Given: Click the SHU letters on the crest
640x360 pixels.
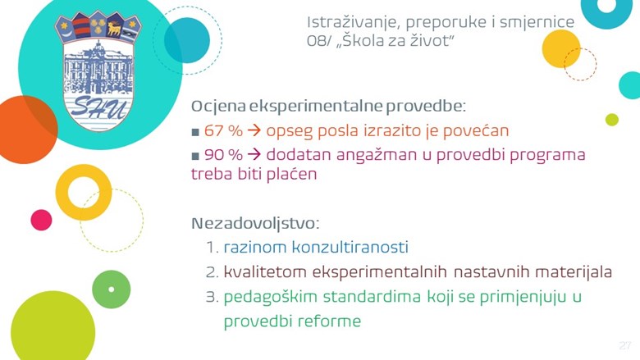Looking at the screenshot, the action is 98,107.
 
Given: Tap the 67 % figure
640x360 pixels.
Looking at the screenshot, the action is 223,131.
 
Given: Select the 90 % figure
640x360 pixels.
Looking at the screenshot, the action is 223,155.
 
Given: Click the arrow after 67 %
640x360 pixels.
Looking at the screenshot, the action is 254,131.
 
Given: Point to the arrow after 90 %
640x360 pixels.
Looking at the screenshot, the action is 254,155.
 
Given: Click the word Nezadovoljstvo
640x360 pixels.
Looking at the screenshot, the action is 255,223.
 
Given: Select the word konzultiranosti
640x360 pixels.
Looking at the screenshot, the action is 350,247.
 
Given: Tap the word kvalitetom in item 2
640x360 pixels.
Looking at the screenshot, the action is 265,271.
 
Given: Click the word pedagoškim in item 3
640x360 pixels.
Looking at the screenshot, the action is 270,297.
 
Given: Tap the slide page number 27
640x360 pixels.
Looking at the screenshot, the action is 625,345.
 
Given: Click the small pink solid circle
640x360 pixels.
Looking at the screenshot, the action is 41,220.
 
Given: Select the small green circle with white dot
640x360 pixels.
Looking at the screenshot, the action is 112,289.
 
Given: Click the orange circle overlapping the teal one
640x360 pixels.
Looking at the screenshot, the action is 25,130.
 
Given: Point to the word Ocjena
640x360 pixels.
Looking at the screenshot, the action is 219,107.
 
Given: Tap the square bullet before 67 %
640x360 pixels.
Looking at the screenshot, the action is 195,132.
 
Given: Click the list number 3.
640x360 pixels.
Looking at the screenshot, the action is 213,297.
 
